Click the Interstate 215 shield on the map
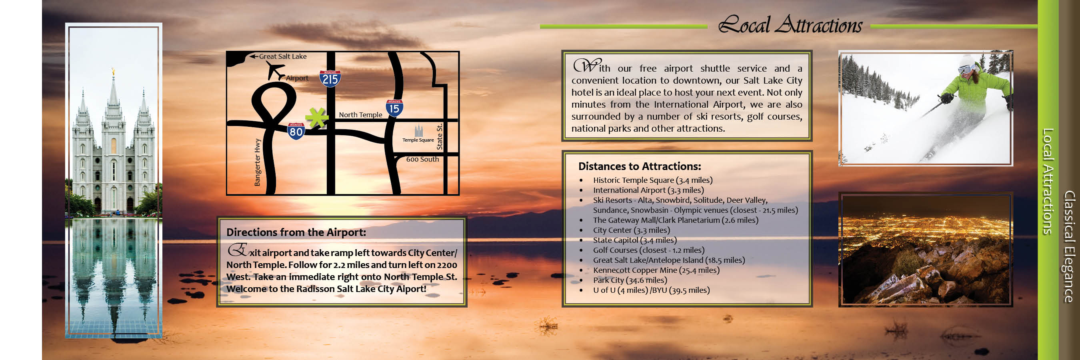pos(330,79)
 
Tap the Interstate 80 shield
pos(296,131)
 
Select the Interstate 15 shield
pos(394,108)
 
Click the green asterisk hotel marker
pos(316,117)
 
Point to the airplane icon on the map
pos(276,71)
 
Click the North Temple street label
pos(360,115)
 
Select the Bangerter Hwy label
pos(258,162)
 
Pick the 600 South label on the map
pos(422,159)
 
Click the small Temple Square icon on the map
pos(418,131)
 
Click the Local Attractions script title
pos(790,24)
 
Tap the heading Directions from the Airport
pos(296,232)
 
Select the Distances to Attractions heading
pos(639,166)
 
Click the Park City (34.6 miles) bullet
pos(630,280)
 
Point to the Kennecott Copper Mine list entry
pos(656,270)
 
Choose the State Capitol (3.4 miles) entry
pos(635,240)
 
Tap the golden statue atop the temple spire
pos(113,72)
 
